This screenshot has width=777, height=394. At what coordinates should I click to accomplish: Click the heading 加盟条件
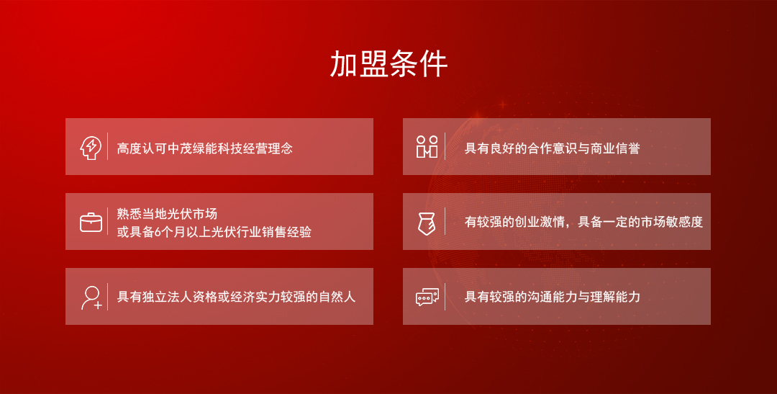point(388,63)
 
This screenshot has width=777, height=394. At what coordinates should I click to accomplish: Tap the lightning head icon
point(91,148)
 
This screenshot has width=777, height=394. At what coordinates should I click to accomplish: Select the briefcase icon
point(91,223)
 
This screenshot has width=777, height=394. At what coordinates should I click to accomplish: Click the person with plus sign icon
point(91,297)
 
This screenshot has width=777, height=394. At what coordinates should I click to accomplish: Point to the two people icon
point(427,147)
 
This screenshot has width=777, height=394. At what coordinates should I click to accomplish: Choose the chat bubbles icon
point(427,297)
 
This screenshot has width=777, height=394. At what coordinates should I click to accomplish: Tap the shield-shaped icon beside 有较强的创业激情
point(426,223)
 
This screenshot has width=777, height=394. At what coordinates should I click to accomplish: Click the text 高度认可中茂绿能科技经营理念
point(204,148)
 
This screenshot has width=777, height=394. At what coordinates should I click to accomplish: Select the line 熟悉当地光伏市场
point(167,214)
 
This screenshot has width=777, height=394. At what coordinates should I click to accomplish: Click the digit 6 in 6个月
point(158,232)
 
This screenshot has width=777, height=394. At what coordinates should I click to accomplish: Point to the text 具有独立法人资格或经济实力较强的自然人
point(236,297)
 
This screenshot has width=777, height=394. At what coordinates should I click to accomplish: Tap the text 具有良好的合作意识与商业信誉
point(552,148)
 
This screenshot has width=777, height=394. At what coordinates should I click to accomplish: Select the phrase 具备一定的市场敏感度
point(640,222)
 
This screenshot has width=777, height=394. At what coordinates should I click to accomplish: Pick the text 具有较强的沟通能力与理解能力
point(552,297)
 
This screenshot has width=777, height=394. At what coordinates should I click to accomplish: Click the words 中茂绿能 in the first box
point(192,148)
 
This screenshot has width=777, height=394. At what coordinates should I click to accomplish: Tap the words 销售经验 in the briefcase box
point(286,232)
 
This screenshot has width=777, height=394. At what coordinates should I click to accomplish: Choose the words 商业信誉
point(615,148)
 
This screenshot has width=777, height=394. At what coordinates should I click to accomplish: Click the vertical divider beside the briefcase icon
point(107,221)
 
